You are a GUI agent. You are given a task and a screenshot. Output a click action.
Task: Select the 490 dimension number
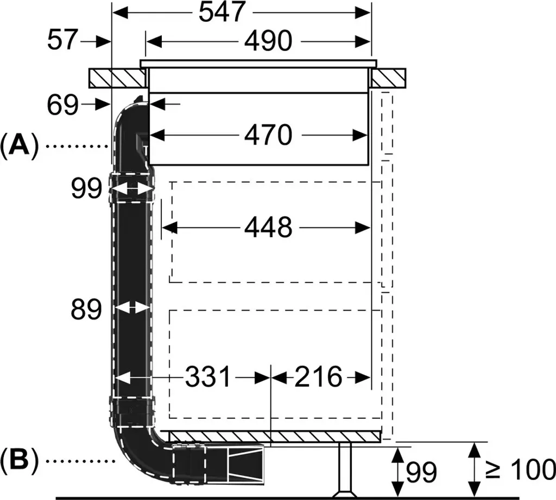coord(268,41)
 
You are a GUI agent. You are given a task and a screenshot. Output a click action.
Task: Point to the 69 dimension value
coord(62,105)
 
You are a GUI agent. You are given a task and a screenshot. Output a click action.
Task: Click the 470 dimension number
coord(268,136)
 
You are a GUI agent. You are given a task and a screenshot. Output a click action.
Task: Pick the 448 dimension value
coord(268,227)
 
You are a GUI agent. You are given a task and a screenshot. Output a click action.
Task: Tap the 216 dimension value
coord(318,377)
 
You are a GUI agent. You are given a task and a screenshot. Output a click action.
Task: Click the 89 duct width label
coord(86,310)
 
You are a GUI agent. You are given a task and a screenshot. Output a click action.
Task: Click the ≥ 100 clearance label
coord(519,469)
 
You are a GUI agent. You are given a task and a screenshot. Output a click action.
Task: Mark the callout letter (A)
coord(20,145)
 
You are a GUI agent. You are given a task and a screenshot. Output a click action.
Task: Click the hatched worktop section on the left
coord(117,78)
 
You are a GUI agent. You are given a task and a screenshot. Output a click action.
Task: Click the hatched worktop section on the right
coord(389,78)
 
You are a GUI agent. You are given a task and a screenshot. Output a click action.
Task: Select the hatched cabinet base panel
coord(271,437)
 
